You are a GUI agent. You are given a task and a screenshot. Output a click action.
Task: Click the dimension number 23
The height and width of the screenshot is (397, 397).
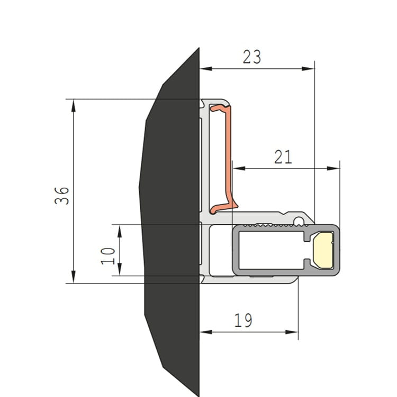click(x=251, y=57)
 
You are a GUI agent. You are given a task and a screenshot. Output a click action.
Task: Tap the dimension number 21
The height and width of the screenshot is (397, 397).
click(x=283, y=157)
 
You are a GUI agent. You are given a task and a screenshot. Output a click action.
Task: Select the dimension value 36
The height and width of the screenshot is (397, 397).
click(x=62, y=196)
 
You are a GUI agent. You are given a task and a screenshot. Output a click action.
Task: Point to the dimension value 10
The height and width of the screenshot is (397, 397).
click(x=108, y=256)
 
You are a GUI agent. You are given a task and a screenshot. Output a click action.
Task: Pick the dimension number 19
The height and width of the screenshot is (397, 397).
click(x=243, y=320)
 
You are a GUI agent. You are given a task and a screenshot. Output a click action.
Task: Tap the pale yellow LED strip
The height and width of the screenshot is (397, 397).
click(x=323, y=250)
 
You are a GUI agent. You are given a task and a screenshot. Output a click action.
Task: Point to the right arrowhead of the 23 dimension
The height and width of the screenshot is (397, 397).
click(x=308, y=69)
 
